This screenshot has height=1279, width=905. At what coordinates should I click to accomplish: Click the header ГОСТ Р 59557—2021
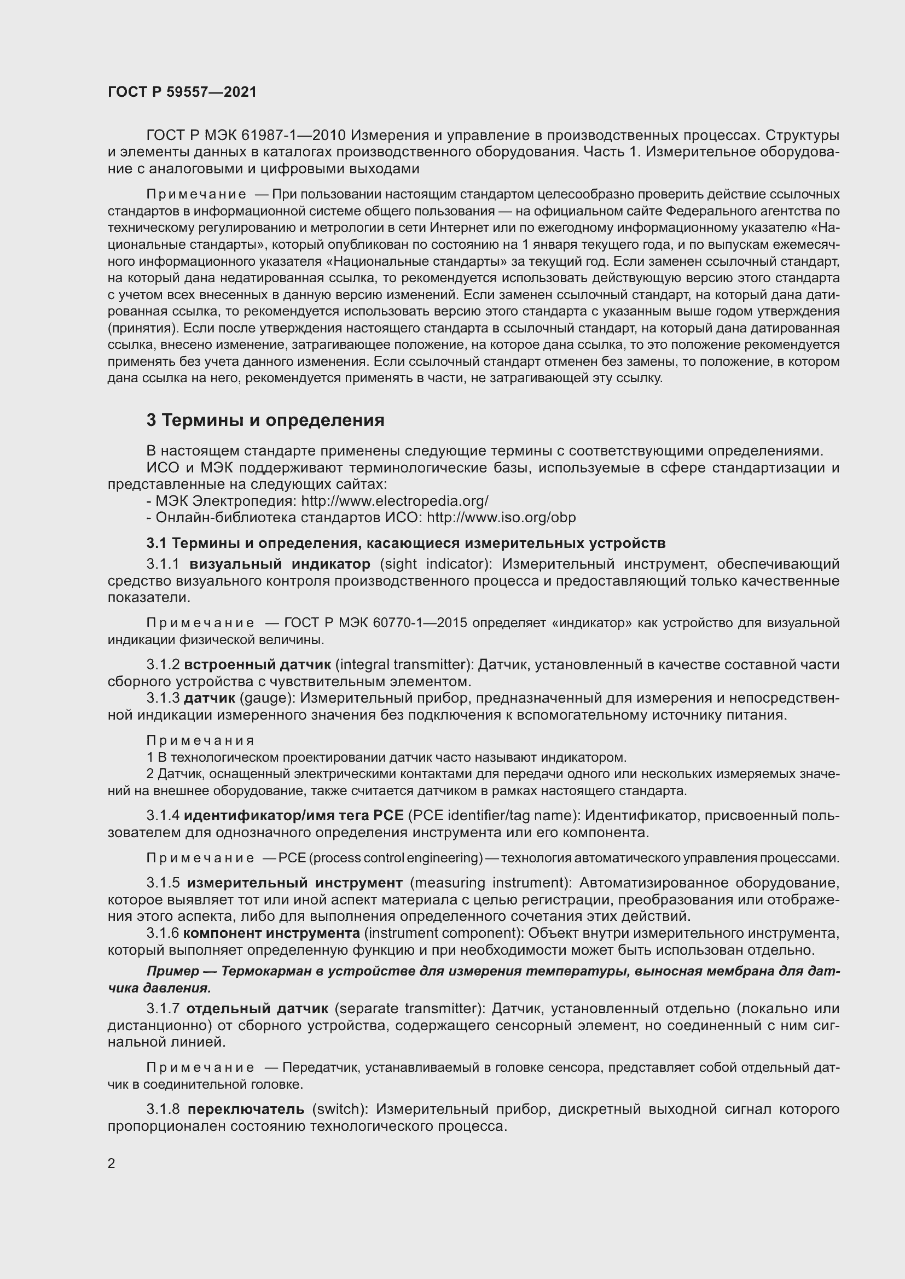(182, 92)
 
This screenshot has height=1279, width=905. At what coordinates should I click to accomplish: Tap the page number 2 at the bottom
(112, 1164)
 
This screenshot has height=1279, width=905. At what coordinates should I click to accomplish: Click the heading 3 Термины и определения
(265, 420)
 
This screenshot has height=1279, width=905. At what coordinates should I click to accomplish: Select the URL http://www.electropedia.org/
(395, 501)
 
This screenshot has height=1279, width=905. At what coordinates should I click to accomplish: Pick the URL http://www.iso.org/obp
(501, 517)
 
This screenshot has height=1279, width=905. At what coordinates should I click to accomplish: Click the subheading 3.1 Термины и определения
(405, 542)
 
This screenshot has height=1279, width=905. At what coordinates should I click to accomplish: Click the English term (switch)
(340, 1109)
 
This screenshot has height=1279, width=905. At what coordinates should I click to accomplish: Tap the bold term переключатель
(246, 1109)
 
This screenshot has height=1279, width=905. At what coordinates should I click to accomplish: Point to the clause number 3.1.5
(163, 883)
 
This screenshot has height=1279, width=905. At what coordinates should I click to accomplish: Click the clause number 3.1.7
(163, 1009)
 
